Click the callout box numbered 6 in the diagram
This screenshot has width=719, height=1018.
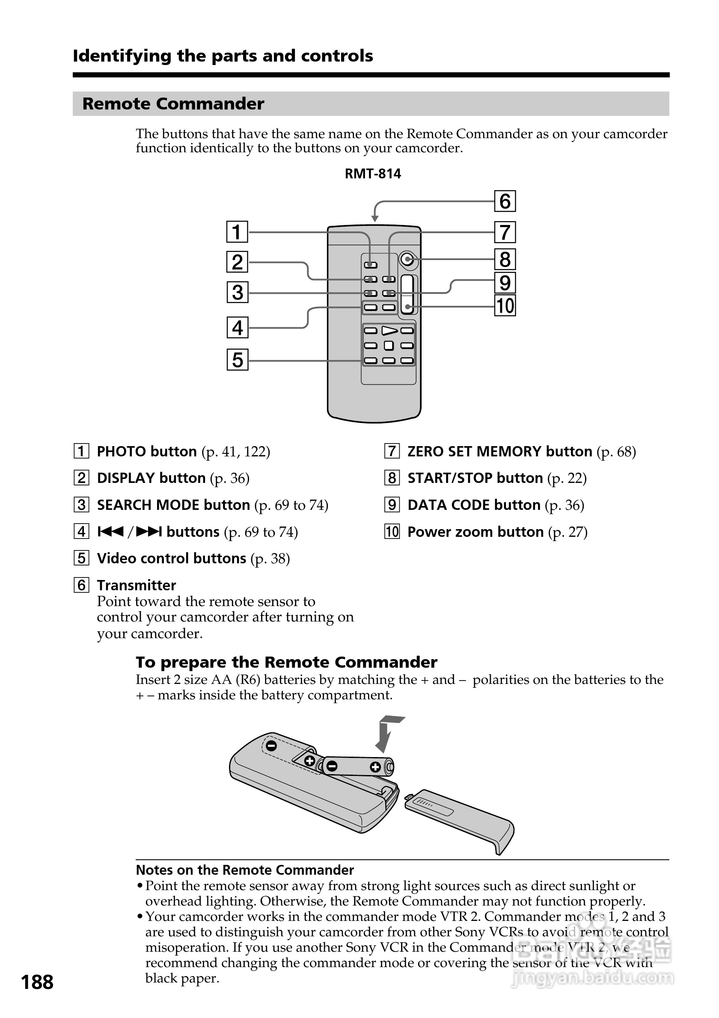[505, 201]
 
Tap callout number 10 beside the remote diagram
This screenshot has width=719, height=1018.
[505, 306]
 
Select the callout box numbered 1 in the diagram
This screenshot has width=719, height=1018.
[237, 232]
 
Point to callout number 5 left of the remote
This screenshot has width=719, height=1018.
[237, 360]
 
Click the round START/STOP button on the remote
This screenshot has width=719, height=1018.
[407, 259]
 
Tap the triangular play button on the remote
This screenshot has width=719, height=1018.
[389, 331]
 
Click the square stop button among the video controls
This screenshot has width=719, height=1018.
[389, 346]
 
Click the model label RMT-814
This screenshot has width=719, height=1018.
[373, 174]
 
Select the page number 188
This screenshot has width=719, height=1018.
[37, 982]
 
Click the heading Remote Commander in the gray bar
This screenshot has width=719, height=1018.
[173, 104]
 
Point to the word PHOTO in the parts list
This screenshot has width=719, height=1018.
[121, 451]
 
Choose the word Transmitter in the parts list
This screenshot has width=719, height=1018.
[136, 585]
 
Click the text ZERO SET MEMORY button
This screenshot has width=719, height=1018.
[499, 451]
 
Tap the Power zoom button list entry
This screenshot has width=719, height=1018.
[475, 532]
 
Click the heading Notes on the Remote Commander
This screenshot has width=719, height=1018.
[244, 870]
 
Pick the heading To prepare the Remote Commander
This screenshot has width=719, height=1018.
[286, 663]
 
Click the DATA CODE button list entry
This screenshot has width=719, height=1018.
[474, 505]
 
